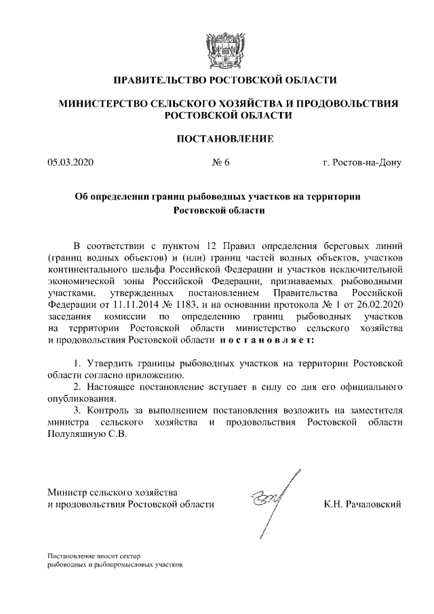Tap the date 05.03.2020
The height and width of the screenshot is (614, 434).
[70, 163]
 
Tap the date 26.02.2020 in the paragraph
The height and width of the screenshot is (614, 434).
[380, 303]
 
